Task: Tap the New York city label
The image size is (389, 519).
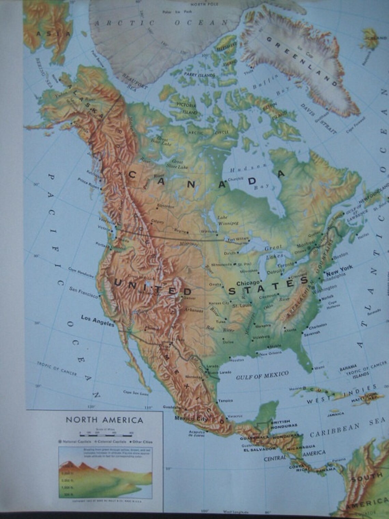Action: coord(339,268)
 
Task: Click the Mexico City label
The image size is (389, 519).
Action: coord(191,419)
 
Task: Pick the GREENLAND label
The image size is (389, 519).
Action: coord(302,61)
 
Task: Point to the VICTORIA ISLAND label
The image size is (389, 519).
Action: coord(187,108)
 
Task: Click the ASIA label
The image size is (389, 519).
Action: coord(53,33)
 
